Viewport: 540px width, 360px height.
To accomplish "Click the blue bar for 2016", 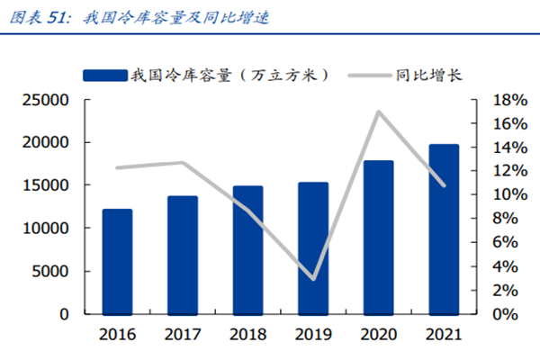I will pyautogui.click(x=117, y=262).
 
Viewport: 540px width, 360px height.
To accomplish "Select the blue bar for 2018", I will pyautogui.click(x=247, y=250).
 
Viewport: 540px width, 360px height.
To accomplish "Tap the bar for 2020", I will pyautogui.click(x=378, y=238).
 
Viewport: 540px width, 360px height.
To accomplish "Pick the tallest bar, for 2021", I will pyautogui.click(x=444, y=229).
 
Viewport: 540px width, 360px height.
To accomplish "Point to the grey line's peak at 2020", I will pyautogui.click(x=378, y=112).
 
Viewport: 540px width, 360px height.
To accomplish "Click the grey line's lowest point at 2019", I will pyautogui.click(x=313, y=279).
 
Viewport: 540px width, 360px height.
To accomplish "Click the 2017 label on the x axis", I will pyautogui.click(x=182, y=334).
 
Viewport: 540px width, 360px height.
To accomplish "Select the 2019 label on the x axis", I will pyautogui.click(x=313, y=334).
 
